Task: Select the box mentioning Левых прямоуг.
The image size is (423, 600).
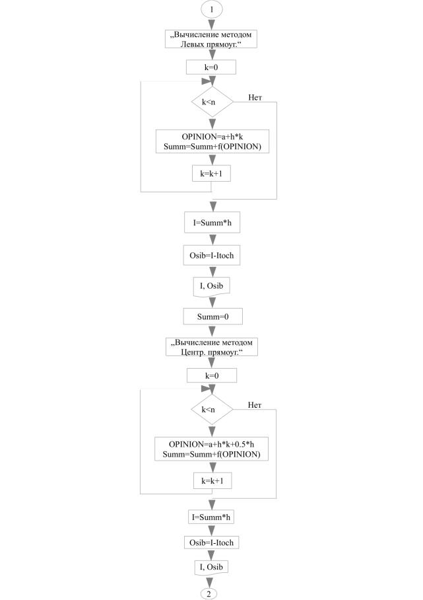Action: (212, 39)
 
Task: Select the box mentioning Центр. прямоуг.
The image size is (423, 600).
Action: (212, 346)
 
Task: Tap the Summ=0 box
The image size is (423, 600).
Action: (212, 317)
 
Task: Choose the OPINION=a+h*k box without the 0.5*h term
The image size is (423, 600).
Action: (212, 141)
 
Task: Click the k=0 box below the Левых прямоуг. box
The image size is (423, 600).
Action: (212, 68)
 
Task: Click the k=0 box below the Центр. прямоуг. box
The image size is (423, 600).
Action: (212, 375)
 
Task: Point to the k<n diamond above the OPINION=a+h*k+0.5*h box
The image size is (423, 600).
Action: (212, 410)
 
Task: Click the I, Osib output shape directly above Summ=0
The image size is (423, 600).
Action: (212, 285)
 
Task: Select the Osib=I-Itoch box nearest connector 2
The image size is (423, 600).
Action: (212, 542)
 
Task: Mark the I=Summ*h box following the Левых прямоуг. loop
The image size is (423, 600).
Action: (212, 223)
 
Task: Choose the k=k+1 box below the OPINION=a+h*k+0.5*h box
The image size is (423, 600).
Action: (212, 482)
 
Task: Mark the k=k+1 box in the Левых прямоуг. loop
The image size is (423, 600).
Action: (212, 175)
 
